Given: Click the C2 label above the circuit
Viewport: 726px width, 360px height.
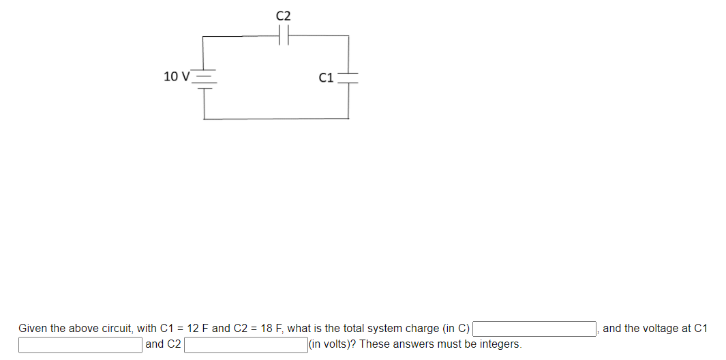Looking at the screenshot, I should click(x=284, y=15).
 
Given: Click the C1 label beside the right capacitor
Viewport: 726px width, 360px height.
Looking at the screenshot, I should click(x=326, y=78).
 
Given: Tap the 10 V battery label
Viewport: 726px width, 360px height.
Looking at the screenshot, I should click(x=177, y=76).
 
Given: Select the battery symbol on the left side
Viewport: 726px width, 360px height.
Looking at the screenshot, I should click(x=205, y=78).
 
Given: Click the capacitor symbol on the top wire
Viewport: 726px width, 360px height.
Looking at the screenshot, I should click(x=284, y=36).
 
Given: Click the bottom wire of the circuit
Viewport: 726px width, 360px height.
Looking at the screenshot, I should click(x=276, y=119).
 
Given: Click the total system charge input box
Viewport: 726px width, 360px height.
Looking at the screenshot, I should click(x=535, y=329).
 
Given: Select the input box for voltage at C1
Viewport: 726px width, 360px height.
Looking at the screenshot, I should click(x=80, y=344).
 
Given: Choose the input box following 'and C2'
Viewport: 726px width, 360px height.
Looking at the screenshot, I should click(x=245, y=344).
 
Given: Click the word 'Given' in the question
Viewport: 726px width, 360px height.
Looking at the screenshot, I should click(x=33, y=329).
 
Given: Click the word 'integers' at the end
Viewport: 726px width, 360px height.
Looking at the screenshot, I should click(x=500, y=344).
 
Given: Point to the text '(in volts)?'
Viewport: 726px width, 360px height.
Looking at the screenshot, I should click(x=333, y=344).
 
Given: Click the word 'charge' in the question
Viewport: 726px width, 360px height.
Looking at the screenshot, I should click(x=421, y=329).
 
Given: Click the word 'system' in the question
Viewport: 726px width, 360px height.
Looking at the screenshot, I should click(x=384, y=329).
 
